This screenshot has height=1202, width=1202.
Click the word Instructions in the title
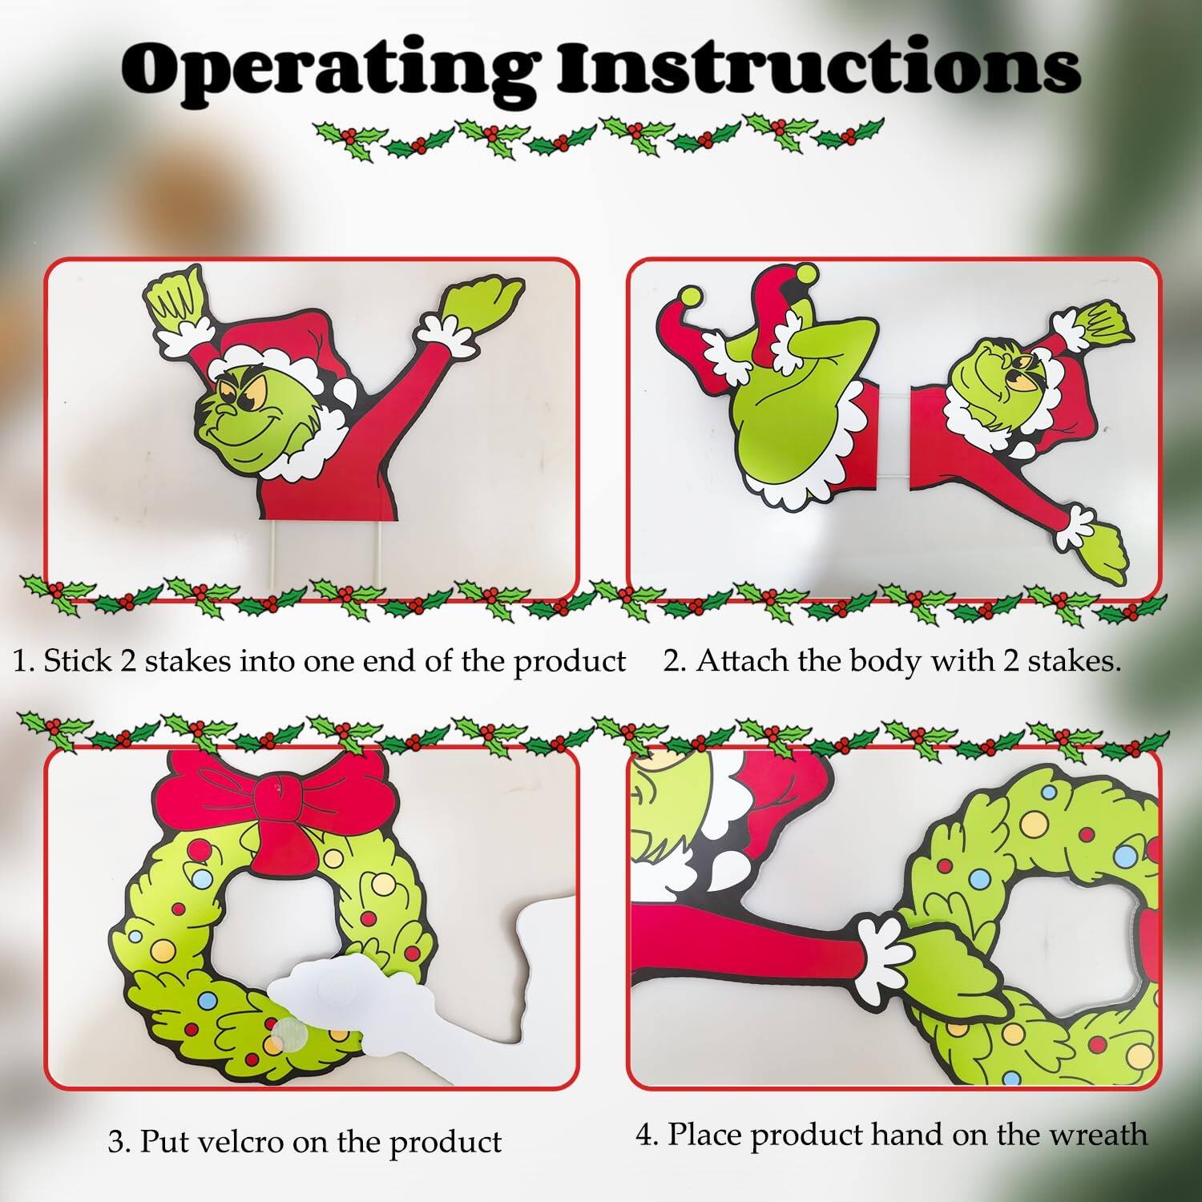[x=817, y=68]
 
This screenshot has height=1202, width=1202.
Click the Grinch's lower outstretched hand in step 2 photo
[x=1106, y=549]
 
